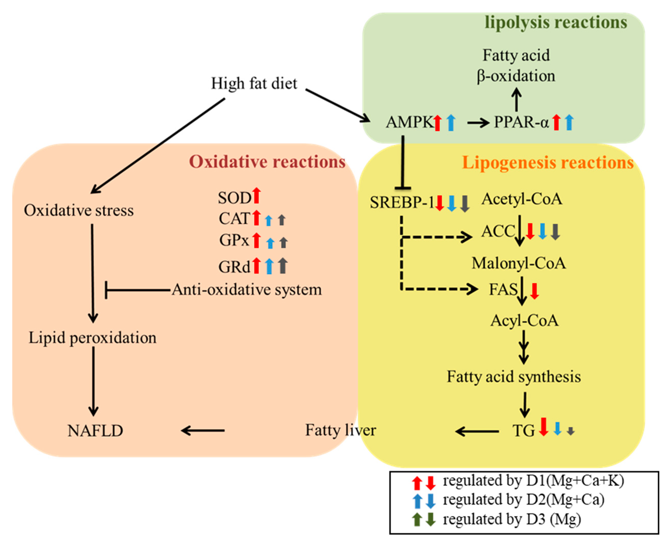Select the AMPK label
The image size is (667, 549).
tap(409, 122)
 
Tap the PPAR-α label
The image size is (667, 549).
tap(521, 122)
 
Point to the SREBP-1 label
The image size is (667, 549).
tap(402, 202)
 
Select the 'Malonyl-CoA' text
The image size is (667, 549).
tap(519, 263)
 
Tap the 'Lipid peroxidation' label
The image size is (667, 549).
tap(93, 338)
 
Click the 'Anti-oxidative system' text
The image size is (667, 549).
tap(247, 290)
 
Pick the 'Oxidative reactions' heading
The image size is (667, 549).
tap(267, 162)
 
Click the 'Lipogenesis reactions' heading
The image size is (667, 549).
tap(548, 163)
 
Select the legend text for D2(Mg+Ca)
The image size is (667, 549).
tap(523, 500)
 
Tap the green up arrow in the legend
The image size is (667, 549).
tap(417, 519)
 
